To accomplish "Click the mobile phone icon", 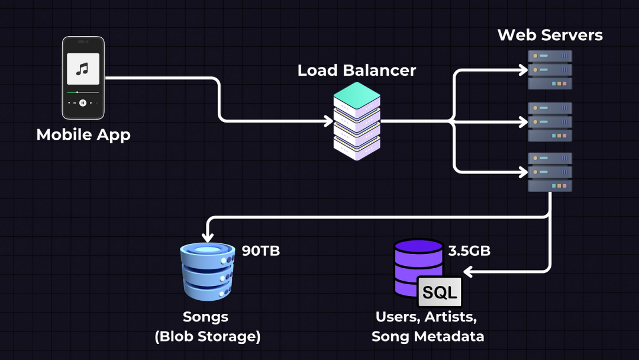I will [x=83, y=78].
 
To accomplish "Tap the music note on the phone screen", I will [x=83, y=69].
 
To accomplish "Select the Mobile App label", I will [x=83, y=135].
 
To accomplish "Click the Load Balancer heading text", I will [x=357, y=70].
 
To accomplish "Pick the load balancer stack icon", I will [x=357, y=121].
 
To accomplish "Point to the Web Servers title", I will [x=550, y=35].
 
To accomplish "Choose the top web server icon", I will [x=550, y=70].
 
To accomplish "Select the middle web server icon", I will [x=550, y=121].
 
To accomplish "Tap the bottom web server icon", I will [x=550, y=172].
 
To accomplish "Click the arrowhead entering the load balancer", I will [x=329, y=121].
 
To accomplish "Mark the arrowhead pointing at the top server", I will [x=523, y=70].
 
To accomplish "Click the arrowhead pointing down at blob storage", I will [x=208, y=237].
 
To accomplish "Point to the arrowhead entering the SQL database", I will [x=468, y=272].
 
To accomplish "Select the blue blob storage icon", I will [x=208, y=272].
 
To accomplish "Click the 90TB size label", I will [x=261, y=251].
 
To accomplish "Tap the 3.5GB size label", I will [x=469, y=251].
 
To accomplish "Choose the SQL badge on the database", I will [x=440, y=292].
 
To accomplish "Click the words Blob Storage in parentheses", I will [x=208, y=337].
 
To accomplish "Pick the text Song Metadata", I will [x=428, y=337].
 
